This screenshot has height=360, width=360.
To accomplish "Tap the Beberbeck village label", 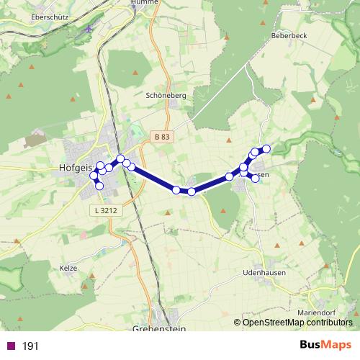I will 289,34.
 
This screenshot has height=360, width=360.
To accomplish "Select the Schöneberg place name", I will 166,94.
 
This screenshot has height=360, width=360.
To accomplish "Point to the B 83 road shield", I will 162,136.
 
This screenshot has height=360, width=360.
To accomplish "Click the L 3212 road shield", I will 104,210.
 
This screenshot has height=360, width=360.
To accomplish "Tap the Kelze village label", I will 68,267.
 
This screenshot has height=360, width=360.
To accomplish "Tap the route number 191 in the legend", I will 30,346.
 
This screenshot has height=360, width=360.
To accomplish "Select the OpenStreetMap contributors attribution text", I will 297,323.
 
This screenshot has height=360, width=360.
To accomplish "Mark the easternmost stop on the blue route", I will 266,148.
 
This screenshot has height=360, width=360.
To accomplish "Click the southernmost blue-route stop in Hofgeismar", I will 99,186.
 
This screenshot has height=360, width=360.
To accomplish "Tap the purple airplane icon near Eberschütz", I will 89,30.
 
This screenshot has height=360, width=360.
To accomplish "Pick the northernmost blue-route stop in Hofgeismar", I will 121,158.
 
